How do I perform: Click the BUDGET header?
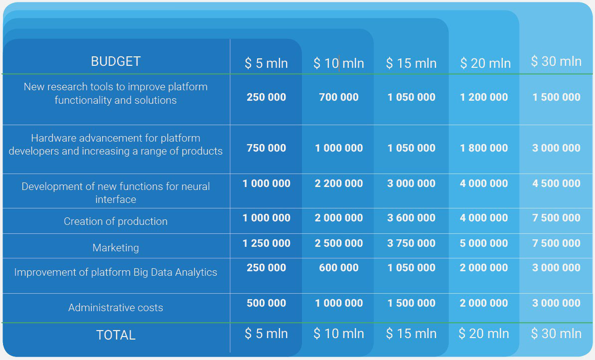click(x=116, y=61)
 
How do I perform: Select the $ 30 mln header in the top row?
click(x=556, y=61)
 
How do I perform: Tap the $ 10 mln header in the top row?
click(x=338, y=63)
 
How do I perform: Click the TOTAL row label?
click(x=116, y=335)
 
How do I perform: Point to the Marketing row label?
click(x=116, y=248)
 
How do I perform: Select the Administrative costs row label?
click(x=116, y=307)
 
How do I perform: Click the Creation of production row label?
click(x=116, y=221)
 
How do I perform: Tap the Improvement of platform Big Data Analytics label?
click(x=116, y=272)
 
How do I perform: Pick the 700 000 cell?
click(x=338, y=97)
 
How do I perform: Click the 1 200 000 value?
click(x=484, y=97)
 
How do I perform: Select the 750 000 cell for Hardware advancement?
click(x=266, y=148)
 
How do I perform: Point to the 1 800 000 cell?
click(x=484, y=148)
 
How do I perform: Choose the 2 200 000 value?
click(x=338, y=183)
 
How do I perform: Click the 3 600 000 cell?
click(x=411, y=218)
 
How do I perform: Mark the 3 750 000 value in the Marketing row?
click(x=411, y=243)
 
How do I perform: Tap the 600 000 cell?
click(x=338, y=268)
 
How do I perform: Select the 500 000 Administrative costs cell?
click(x=266, y=303)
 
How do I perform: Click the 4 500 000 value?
click(x=556, y=183)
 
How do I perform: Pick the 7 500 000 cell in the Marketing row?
click(x=556, y=243)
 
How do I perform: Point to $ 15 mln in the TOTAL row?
click(x=411, y=334)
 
